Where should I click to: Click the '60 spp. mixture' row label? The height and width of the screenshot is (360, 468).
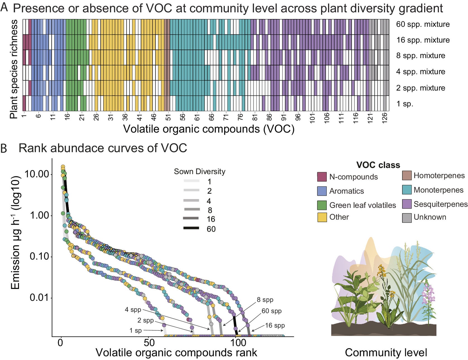(x=423, y=24)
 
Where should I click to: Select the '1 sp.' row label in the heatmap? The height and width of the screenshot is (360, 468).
(x=405, y=104)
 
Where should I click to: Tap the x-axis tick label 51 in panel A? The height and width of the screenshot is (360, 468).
(x=168, y=117)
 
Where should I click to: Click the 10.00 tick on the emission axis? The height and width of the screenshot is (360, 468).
(x=37, y=174)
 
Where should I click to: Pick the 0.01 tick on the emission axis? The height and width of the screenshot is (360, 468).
(x=39, y=297)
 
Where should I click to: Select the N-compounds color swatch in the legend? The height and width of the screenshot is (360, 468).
(x=322, y=177)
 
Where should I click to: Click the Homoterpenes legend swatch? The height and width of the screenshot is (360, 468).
(x=407, y=176)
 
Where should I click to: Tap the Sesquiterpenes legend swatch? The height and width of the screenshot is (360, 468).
(x=407, y=204)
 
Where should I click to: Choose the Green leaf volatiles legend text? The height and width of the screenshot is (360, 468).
(x=362, y=205)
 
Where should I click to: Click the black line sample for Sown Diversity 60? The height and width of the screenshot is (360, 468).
(x=191, y=228)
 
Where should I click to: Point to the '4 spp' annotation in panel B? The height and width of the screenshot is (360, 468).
(x=133, y=310)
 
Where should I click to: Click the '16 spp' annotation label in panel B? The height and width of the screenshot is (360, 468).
(x=275, y=325)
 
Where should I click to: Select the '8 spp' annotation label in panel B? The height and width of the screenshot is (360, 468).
(x=265, y=300)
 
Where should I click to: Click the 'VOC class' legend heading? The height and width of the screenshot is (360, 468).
(x=378, y=165)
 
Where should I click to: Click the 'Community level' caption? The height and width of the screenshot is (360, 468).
(x=386, y=353)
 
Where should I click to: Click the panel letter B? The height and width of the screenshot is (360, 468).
(x=4, y=148)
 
